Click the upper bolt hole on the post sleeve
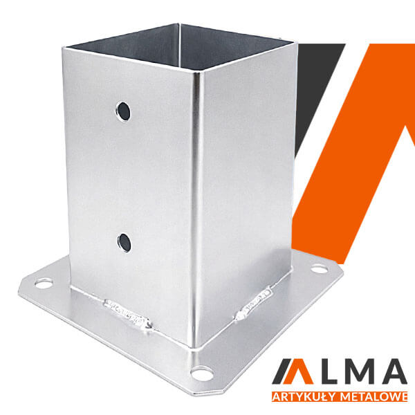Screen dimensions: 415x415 [123, 111]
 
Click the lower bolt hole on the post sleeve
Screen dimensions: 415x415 [124, 243]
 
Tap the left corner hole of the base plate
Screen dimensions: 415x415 [44, 284]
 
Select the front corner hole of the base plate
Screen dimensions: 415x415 [203, 373]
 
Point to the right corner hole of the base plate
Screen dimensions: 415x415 [319, 269]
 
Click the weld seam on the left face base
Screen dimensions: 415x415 [127, 315]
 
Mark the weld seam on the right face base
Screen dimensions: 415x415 [252, 304]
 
